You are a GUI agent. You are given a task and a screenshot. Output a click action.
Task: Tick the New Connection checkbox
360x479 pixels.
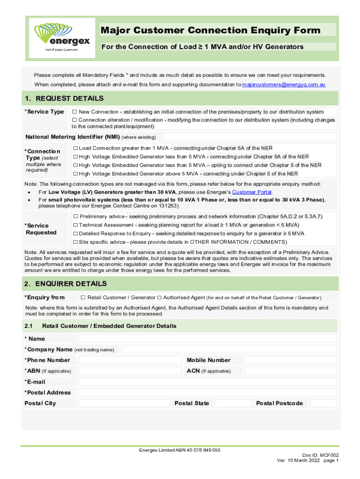pyautogui.click(x=74, y=112)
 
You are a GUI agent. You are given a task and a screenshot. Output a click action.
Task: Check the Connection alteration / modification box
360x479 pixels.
pyautogui.click(x=74, y=120)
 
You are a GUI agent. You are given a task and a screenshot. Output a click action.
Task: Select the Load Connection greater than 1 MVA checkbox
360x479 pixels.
pyautogui.click(x=75, y=148)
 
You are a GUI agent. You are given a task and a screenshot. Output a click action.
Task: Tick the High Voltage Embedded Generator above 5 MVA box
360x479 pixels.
pyautogui.click(x=75, y=174)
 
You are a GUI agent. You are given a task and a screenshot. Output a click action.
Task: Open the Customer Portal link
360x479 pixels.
pyautogui.click(x=252, y=192)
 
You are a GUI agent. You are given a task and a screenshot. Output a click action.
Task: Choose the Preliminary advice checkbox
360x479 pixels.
pyautogui.click(x=75, y=216)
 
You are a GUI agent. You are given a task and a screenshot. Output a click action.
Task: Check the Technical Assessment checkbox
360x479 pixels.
pyautogui.click(x=75, y=225)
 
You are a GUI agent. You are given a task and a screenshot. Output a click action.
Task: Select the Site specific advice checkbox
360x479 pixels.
pyautogui.click(x=75, y=242)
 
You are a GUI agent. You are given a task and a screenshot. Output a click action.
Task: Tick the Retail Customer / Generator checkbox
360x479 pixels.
pyautogui.click(x=83, y=298)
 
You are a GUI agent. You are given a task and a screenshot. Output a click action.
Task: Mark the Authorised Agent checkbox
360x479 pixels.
pyautogui.click(x=159, y=298)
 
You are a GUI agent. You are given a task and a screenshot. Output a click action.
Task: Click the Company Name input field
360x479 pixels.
pyautogui.click(x=229, y=349)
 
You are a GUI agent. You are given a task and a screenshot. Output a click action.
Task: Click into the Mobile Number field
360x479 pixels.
pyautogui.click(x=290, y=360)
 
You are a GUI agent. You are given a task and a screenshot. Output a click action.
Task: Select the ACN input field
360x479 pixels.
pyautogui.click(x=290, y=371)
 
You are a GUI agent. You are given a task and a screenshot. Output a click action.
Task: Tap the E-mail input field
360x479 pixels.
pyautogui.click(x=207, y=382)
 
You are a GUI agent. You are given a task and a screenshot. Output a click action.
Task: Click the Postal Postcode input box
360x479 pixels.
pyautogui.click(x=324, y=403)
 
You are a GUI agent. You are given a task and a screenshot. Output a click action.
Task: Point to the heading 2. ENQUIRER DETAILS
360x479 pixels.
pyautogui.click(x=65, y=284)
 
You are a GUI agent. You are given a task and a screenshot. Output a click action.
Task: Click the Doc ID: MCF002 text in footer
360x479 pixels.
pyautogui.click(x=320, y=454)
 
